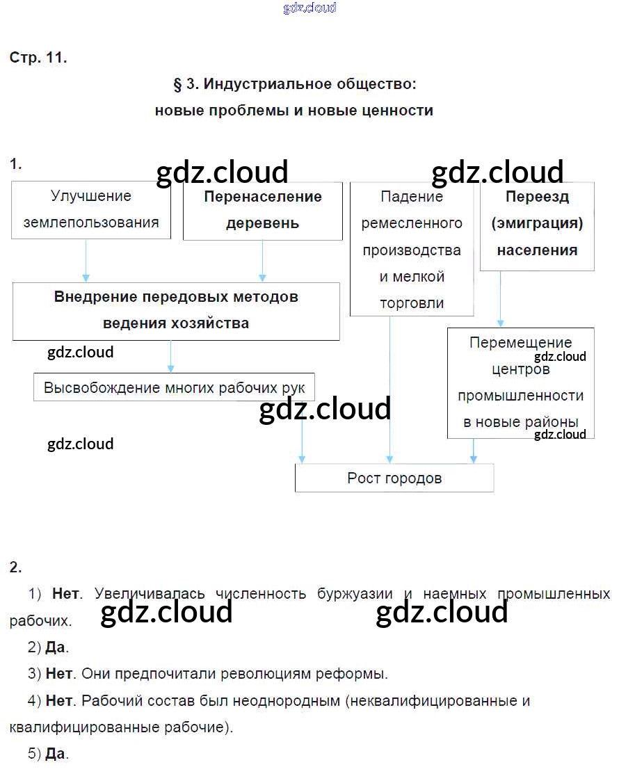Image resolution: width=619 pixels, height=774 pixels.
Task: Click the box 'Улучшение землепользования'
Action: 90,209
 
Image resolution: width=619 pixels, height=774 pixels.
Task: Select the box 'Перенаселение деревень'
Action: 262,209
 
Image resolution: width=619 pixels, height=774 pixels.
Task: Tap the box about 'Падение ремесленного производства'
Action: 411,249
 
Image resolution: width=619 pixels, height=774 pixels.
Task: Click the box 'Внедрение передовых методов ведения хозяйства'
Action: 176,310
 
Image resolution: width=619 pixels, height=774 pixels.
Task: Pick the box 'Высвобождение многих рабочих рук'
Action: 174,387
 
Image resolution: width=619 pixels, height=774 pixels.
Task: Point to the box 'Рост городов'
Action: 394,478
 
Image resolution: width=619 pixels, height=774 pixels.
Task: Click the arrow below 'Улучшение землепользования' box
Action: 86,261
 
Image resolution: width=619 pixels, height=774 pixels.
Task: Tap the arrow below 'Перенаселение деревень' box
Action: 262,261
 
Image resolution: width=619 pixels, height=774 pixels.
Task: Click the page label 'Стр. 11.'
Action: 38,58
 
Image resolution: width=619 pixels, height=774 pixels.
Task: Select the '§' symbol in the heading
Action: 177,85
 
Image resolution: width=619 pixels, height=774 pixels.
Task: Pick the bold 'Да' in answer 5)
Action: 56,754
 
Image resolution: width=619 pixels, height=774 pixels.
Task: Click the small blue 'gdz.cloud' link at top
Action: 309,8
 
